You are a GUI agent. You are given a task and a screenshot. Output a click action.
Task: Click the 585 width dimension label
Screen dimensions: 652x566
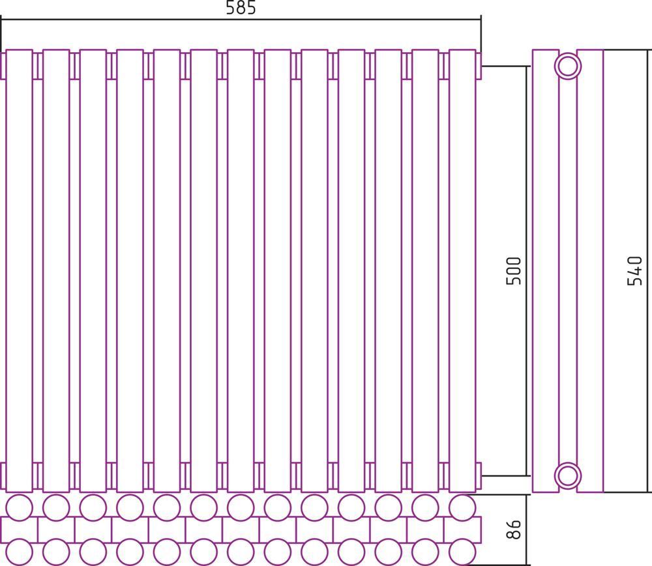(241, 8)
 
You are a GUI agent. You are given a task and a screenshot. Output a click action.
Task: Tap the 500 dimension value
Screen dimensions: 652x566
(514, 271)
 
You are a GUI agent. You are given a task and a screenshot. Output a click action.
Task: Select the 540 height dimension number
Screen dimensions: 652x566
(634, 271)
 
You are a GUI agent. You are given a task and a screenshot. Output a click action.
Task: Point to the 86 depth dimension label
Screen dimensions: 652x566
(514, 529)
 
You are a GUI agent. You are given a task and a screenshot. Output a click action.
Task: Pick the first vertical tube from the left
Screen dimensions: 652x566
(19, 271)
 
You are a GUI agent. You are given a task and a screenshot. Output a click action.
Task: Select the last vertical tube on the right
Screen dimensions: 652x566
(462, 271)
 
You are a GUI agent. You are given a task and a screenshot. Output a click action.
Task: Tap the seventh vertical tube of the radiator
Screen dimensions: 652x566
(241, 271)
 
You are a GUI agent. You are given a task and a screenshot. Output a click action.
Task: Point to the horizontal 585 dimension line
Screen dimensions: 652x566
(241, 19)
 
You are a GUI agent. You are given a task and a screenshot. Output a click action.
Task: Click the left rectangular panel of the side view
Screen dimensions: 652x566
(546, 271)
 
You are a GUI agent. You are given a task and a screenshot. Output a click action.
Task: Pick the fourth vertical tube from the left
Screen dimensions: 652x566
(130, 271)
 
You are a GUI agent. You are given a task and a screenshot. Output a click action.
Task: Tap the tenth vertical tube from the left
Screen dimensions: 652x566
(352, 271)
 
